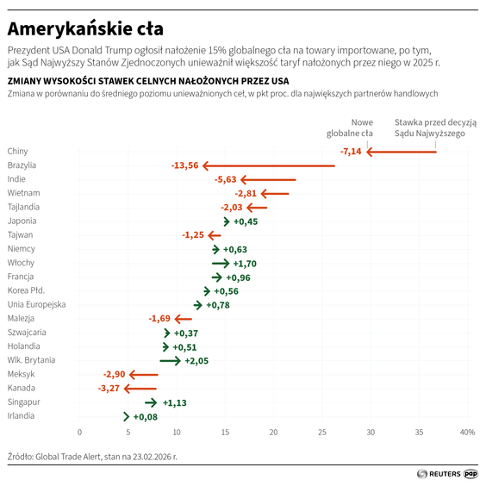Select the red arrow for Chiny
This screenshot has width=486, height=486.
pos(402,152)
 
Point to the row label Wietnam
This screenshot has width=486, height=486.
pos(23,193)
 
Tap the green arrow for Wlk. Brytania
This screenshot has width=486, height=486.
pos(170,361)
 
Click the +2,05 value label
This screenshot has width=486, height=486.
pos(196,361)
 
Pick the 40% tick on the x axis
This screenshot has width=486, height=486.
pos(466,432)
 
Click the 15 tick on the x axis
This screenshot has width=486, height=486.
pos(225,432)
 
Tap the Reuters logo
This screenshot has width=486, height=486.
pos(438,473)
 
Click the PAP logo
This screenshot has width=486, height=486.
pos(471,473)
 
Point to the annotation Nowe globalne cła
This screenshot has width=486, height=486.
pos(350,128)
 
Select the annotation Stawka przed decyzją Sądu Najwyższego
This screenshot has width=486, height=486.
pos(434,128)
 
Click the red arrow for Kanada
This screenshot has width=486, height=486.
pos(140,389)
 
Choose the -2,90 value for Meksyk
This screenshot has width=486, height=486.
pos(114,375)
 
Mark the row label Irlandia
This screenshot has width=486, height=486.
pos(22,416)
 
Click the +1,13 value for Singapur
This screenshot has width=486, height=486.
pos(175,402)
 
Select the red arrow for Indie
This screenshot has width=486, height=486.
pos(268,179)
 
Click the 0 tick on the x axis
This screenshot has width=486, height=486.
pos(79,432)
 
